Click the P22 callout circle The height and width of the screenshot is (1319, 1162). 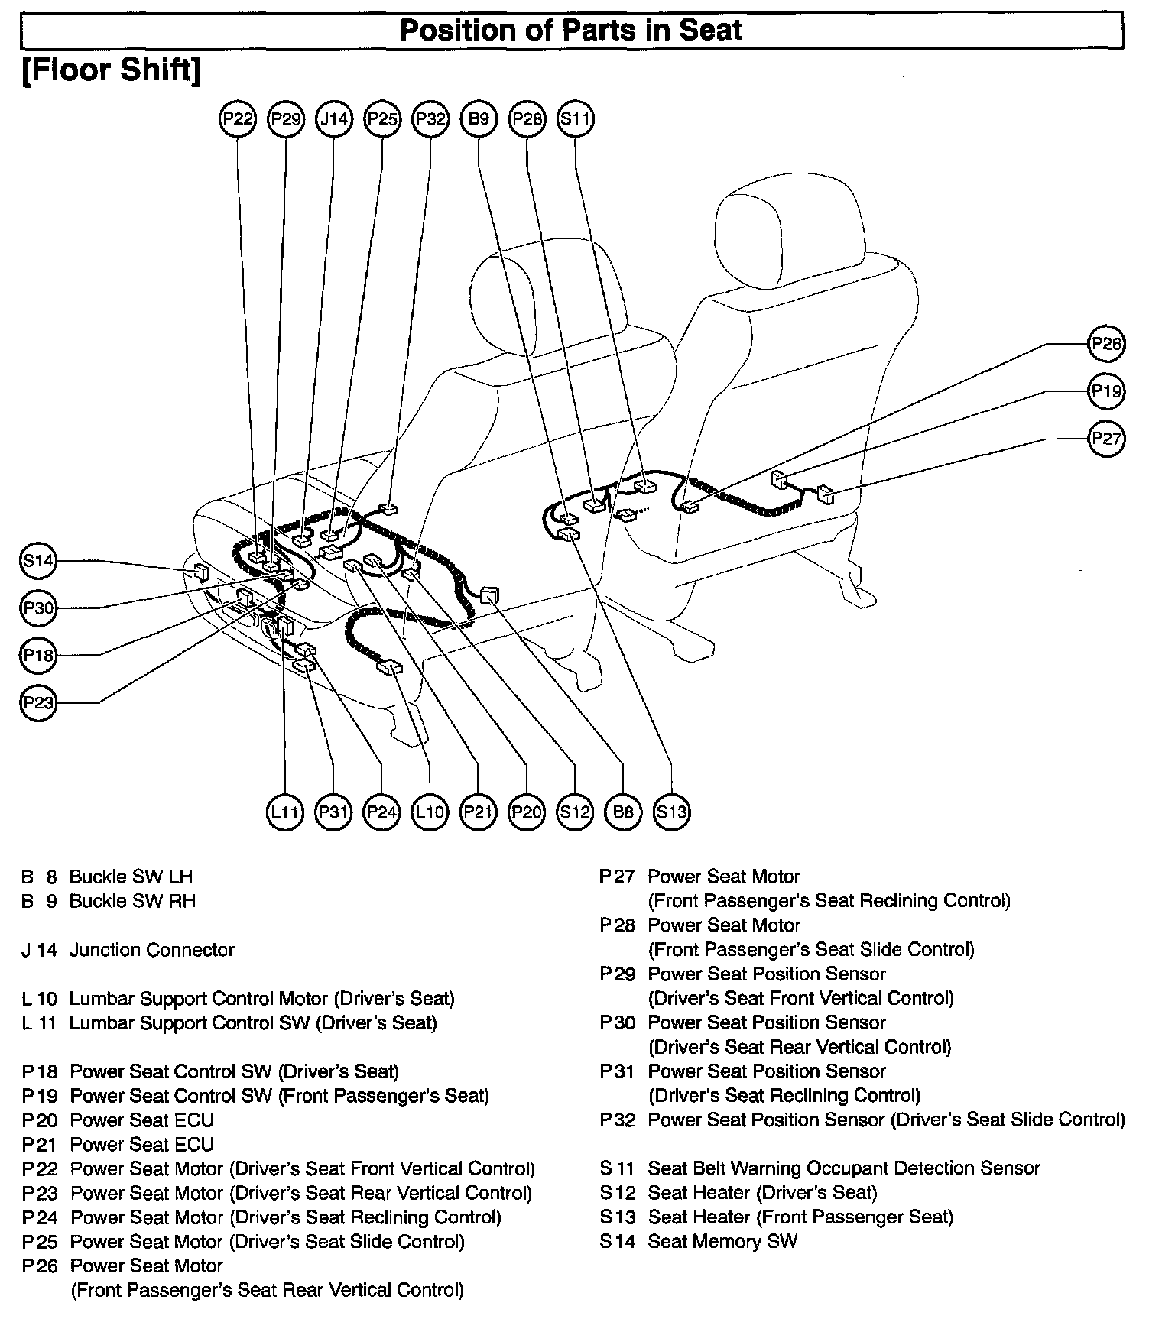point(238,118)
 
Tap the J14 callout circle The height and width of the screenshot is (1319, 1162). point(334,118)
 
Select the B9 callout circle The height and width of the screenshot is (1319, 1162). point(479,118)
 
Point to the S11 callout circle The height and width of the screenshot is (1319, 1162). point(575,118)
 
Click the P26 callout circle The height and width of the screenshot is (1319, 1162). point(1106,344)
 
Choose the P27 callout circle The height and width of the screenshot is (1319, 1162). point(1106,439)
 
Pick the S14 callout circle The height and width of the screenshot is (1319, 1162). point(37,561)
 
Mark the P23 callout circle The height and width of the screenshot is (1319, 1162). point(37,702)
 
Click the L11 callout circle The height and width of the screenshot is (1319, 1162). point(284,812)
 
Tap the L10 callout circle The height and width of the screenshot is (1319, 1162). point(429,812)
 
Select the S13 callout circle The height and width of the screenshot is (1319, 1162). point(672,812)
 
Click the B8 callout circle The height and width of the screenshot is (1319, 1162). point(623,812)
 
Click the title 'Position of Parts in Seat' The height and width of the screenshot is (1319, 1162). point(571,30)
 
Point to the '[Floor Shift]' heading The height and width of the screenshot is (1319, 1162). point(112,70)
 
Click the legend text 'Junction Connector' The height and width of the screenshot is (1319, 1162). point(151,950)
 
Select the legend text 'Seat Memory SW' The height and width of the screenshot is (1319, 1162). point(722,1241)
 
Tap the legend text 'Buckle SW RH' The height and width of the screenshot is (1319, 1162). point(132,901)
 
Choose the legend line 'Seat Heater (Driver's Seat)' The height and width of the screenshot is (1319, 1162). point(762,1192)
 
